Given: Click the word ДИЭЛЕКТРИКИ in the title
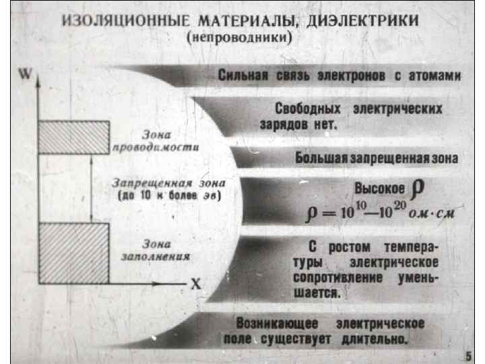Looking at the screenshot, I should pos(363,21).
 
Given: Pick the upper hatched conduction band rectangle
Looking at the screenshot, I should pos(73,138).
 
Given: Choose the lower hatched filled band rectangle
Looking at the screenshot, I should pos(73,253).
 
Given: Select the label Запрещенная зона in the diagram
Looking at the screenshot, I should pos(169,183).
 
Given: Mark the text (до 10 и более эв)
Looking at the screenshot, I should pos(168,195).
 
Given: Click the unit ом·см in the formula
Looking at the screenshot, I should pos(433,214).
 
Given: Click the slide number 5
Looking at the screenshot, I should pos(468,355).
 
